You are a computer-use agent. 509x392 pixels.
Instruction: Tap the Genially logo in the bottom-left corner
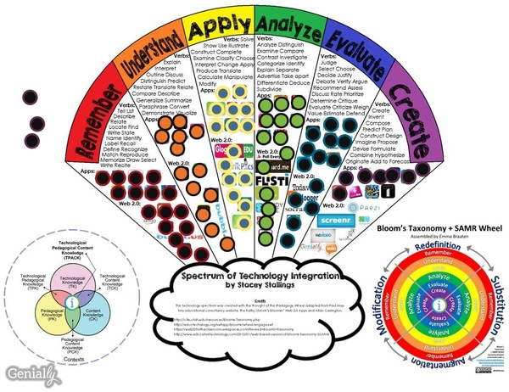26,372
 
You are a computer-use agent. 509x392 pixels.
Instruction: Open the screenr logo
334,220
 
